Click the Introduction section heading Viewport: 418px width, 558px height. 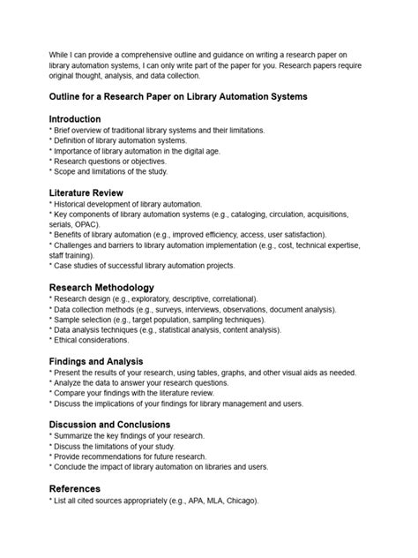coord(75,118)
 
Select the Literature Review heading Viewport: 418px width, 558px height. coord(86,192)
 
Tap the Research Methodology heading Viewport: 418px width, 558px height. coord(102,287)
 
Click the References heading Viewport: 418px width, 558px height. coord(75,488)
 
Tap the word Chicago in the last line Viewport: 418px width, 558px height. coord(237,501)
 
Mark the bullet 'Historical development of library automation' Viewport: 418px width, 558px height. coord(127,204)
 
